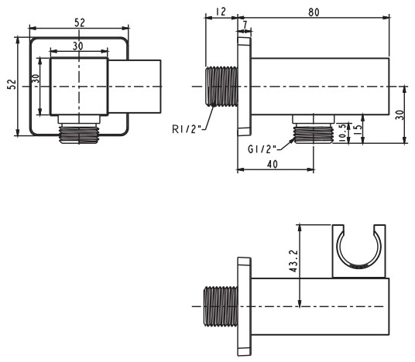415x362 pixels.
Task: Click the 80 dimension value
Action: (314, 12)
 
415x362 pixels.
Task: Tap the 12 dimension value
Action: (220, 12)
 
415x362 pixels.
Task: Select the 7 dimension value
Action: (245, 25)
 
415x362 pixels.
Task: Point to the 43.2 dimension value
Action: (293, 261)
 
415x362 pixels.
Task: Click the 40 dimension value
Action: (273, 164)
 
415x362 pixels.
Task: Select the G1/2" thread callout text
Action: (262, 149)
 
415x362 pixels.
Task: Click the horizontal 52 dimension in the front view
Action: (80, 22)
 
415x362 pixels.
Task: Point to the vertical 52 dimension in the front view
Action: (12, 84)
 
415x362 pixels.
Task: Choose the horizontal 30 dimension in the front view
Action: (77, 46)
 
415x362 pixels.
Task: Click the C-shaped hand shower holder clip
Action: (359, 251)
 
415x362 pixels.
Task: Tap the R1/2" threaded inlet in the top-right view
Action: (221, 87)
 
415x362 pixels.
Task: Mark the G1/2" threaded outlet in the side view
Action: (314, 135)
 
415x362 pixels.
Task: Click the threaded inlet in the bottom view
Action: (221, 306)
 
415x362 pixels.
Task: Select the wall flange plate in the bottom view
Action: (244, 306)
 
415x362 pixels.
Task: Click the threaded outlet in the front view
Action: (79, 135)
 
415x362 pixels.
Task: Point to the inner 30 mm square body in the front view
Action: (79, 87)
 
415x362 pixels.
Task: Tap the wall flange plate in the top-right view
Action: (244, 87)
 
